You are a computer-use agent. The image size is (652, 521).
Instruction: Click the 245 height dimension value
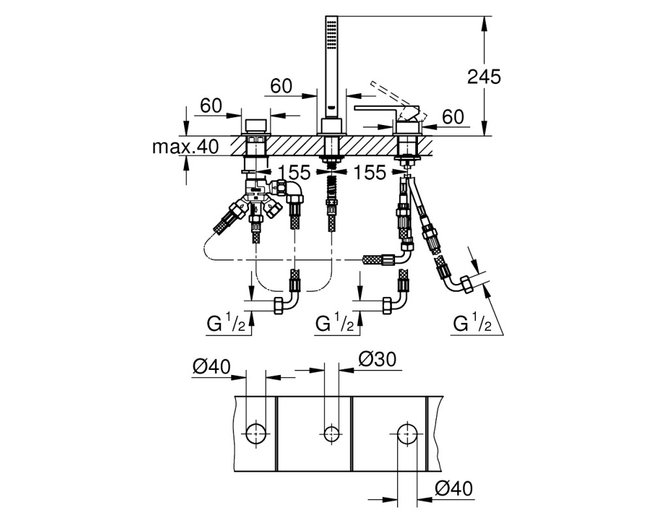click(x=484, y=77)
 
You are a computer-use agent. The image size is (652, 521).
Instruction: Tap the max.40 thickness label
click(x=185, y=147)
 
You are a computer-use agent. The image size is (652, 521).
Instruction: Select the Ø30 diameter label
click(x=377, y=359)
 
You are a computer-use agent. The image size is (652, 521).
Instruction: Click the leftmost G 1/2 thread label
click(x=227, y=324)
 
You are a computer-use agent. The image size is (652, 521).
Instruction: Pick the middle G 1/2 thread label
click(x=335, y=323)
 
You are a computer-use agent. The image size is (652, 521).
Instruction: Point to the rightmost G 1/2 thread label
click(x=472, y=323)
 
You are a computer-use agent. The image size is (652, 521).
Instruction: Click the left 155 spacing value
click(x=295, y=173)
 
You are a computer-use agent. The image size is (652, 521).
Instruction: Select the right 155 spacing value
click(x=370, y=173)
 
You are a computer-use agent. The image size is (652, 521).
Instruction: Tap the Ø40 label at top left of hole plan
click(x=212, y=367)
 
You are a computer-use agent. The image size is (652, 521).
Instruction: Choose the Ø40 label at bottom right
click(x=454, y=488)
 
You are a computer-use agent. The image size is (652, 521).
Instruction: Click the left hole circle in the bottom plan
click(x=256, y=434)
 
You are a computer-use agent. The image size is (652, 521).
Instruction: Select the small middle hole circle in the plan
click(x=331, y=434)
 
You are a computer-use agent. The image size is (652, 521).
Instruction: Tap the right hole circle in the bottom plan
click(x=407, y=434)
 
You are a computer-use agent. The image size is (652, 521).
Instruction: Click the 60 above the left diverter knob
click(x=211, y=106)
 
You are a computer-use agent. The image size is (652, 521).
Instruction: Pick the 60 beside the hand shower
click(x=282, y=86)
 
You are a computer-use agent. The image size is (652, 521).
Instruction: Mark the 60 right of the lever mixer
click(x=453, y=117)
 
